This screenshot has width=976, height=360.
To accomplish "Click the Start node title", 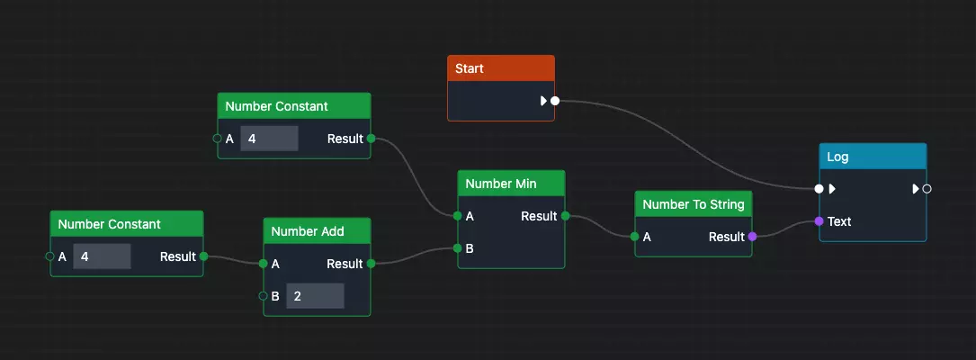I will pyautogui.click(x=500, y=69).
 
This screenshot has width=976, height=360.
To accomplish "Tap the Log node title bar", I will pyautogui.click(x=872, y=157).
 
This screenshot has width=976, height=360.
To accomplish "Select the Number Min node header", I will pyautogui.click(x=511, y=184).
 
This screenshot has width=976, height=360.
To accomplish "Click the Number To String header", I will pyautogui.click(x=693, y=204).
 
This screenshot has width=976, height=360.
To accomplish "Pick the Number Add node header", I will pyautogui.click(x=317, y=231).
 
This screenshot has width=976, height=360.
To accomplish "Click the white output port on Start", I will pyautogui.click(x=555, y=101).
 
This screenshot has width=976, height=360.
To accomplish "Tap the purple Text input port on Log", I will pyautogui.click(x=819, y=221).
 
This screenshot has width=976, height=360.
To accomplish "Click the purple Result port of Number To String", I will pyautogui.click(x=752, y=237).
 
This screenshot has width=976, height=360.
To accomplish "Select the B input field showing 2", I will pyautogui.click(x=315, y=296).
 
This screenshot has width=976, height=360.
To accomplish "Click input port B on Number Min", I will pyautogui.click(x=458, y=248).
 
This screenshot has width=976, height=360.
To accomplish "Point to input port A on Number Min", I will pyautogui.click(x=458, y=216).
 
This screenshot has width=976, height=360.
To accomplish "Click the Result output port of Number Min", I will pyautogui.click(x=565, y=216).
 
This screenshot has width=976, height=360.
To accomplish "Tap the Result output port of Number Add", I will pyautogui.click(x=371, y=264).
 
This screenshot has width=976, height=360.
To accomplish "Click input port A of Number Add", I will pyautogui.click(x=264, y=264).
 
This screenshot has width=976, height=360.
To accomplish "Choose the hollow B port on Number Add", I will pyautogui.click(x=264, y=296).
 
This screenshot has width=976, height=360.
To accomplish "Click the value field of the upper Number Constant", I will pyautogui.click(x=269, y=139).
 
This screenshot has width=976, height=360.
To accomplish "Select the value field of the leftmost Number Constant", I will pyautogui.click(x=102, y=256).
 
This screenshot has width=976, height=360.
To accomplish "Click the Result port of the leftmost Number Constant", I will pyautogui.click(x=203, y=256).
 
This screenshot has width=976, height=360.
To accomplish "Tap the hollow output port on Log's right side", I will pyautogui.click(x=927, y=189).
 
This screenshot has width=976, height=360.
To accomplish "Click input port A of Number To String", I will pyautogui.click(x=635, y=237).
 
